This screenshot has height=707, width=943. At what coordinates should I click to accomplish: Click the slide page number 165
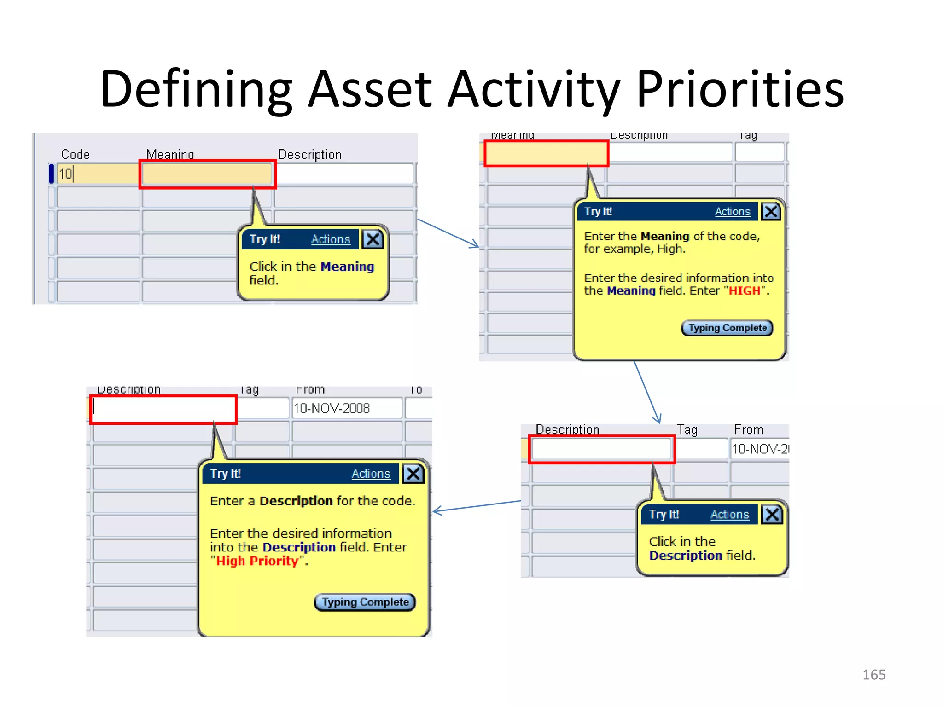(873, 675)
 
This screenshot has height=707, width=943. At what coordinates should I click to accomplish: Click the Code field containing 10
(97, 174)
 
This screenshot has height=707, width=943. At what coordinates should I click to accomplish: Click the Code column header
(75, 154)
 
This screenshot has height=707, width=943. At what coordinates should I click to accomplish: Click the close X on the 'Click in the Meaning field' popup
(373, 239)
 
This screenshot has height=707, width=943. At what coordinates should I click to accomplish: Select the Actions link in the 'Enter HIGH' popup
(732, 212)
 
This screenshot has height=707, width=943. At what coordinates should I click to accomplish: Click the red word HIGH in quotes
(744, 291)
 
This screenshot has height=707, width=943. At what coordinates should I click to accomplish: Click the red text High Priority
(257, 561)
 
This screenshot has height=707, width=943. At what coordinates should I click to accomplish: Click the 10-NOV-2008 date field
(346, 408)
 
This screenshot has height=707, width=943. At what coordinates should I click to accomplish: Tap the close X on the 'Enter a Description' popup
(413, 474)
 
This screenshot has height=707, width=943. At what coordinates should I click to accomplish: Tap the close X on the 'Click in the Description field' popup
(772, 514)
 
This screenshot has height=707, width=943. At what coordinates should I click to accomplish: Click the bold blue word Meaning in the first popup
(347, 267)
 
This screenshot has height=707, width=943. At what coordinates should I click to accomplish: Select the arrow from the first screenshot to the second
(448, 233)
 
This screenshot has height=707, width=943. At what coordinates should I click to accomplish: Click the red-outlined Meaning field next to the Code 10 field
(207, 174)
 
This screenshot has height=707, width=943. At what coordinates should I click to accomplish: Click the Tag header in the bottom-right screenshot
(687, 430)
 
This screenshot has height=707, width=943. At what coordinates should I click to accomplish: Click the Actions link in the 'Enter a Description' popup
(371, 474)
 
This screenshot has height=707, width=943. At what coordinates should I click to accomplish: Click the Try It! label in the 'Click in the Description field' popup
(664, 515)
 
